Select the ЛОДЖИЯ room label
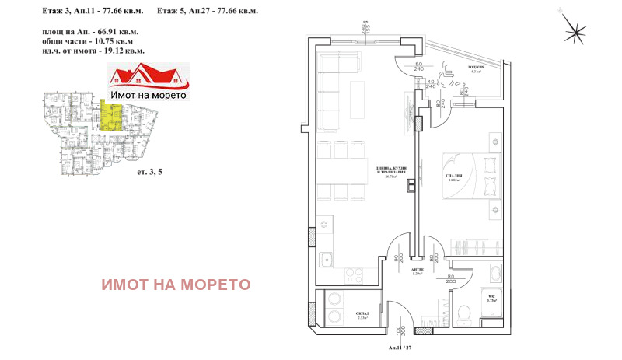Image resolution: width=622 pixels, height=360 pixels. coord(476,68)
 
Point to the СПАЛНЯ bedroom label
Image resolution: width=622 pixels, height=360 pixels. coord(456,177)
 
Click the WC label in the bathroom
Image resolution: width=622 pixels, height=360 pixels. coord(491,295)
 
